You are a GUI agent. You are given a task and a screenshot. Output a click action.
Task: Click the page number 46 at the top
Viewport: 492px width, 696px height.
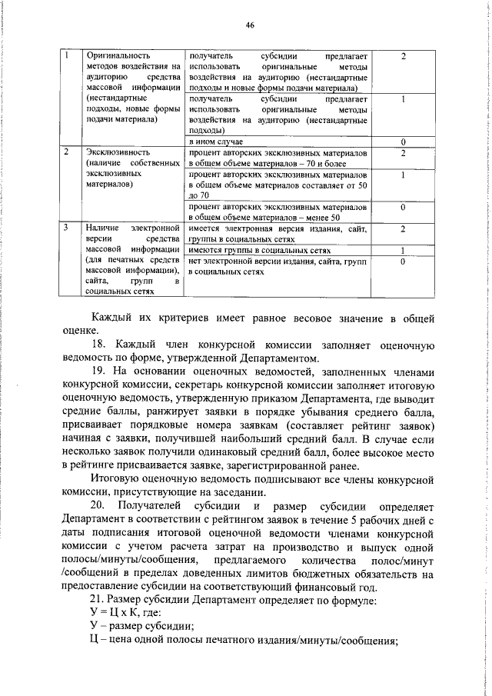[x=250, y=25]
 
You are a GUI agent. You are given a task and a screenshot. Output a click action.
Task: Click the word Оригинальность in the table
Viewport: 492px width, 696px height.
[x=118, y=56]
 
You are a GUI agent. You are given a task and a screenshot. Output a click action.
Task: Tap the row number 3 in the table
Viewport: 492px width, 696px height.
[x=67, y=228]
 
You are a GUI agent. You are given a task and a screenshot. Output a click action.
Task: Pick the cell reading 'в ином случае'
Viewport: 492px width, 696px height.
[x=216, y=142]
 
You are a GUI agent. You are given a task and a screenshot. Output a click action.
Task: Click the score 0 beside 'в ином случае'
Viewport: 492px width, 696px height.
[x=403, y=142]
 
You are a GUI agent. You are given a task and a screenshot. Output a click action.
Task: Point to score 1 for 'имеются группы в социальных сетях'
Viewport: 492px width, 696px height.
[x=403, y=251]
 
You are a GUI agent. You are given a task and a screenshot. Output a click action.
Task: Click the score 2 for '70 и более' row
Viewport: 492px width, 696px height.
[x=403, y=153]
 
